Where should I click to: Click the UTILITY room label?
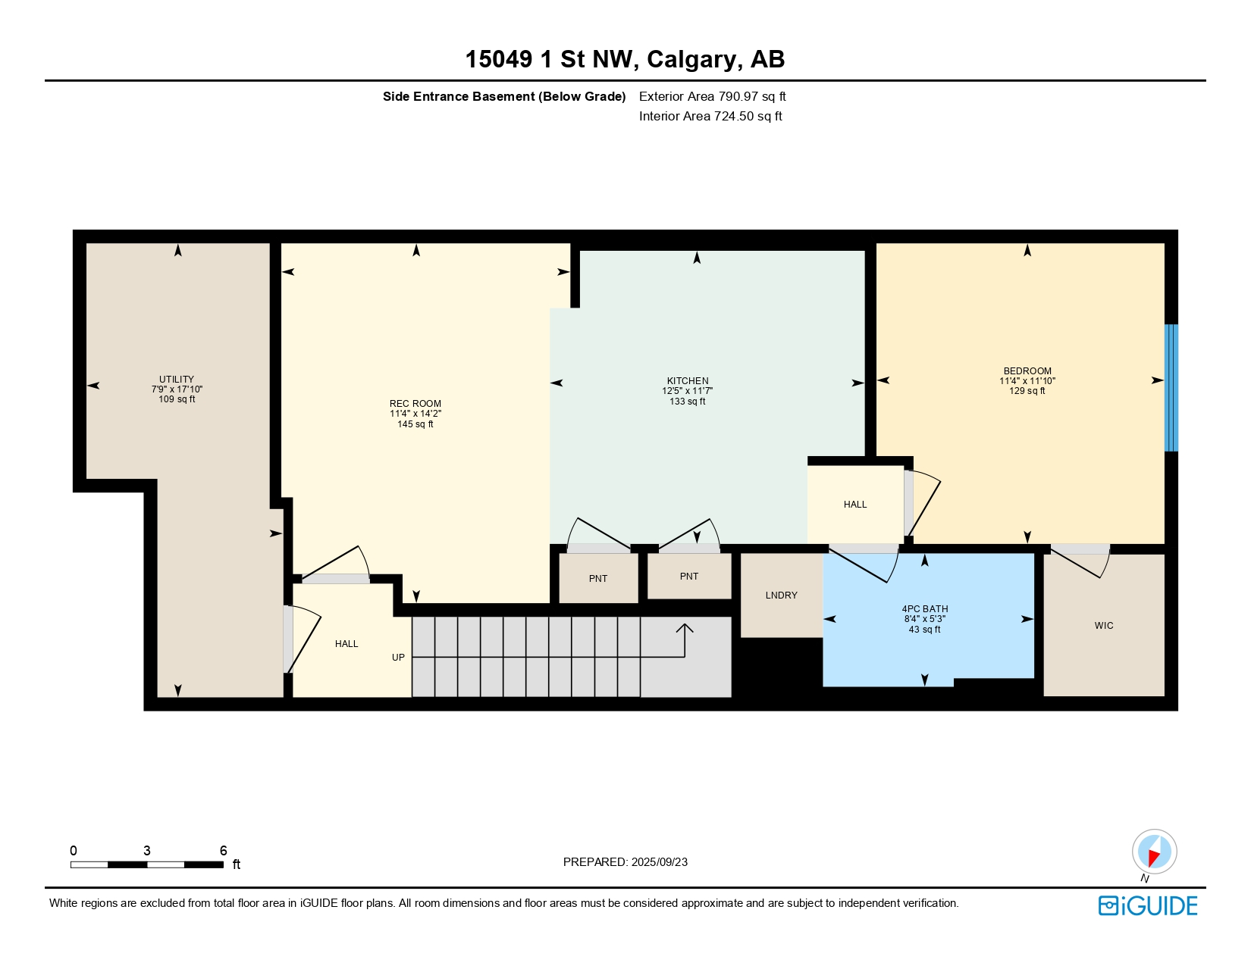[177, 380]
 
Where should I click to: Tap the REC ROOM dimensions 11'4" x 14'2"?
[415, 414]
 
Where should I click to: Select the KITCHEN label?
[688, 381]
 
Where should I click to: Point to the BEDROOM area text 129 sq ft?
[1027, 391]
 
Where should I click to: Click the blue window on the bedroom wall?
[1171, 387]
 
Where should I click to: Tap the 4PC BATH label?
[925, 609]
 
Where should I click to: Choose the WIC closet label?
[1104, 626]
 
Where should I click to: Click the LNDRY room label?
[782, 596]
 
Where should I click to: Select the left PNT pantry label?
[598, 579]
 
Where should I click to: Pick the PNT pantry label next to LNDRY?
[689, 577]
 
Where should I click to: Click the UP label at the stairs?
[398, 658]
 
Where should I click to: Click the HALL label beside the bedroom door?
[855, 505]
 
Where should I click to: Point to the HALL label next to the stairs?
[346, 644]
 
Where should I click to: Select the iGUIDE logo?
[1148, 906]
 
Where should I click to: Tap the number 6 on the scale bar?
[224, 851]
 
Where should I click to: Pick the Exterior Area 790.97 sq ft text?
[712, 97]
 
